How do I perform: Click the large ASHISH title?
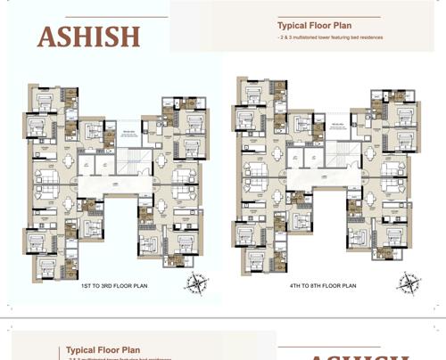coord(88,37)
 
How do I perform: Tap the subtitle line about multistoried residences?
coord(330,42)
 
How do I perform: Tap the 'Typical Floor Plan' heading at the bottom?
coord(103,351)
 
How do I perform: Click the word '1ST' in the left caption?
coord(88,287)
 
